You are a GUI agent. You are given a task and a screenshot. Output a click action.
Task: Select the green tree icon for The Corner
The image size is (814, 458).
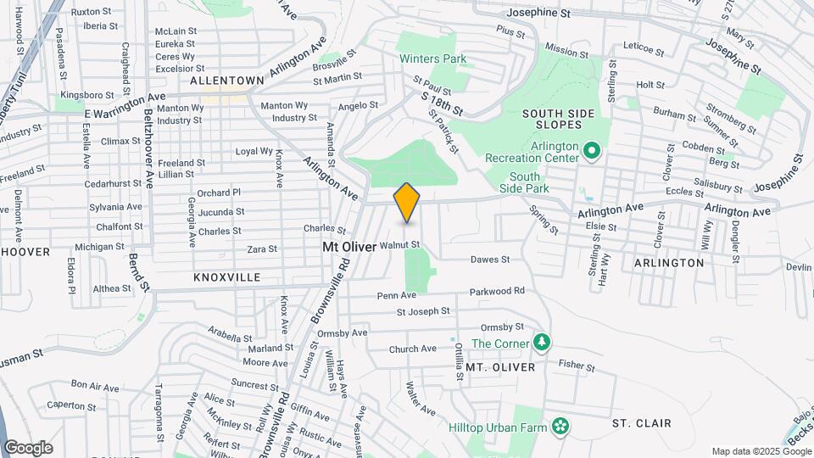click(542, 343)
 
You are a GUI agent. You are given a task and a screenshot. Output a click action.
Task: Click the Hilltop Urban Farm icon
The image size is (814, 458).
click(559, 426)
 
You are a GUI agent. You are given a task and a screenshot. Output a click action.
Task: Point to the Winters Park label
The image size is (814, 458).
click(432, 59)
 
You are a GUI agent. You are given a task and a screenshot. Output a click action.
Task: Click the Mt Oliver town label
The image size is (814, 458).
click(349, 246)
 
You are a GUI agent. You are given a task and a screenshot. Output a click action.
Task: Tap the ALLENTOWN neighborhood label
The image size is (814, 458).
click(226, 81)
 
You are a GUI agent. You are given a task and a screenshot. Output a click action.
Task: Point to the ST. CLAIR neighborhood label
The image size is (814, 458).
click(642, 422)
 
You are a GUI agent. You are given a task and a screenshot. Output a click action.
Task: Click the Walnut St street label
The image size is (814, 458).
click(400, 245)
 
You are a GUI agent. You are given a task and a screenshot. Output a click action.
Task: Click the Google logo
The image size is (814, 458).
click(28, 447)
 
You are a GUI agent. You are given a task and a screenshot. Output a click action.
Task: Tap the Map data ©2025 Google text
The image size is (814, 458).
click(761, 451)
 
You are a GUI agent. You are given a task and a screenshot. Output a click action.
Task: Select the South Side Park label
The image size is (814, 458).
click(525, 182)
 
